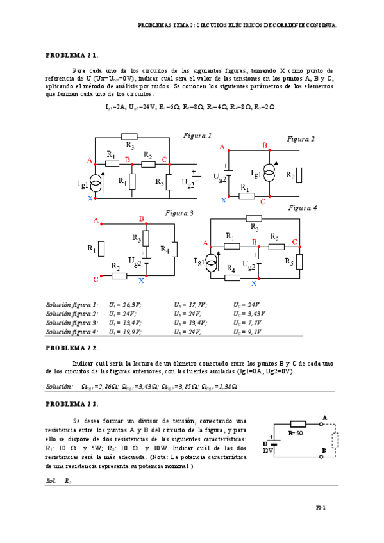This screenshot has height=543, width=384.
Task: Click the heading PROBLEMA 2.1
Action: pos(71,55)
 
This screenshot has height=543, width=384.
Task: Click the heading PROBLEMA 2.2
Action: pos(71,348)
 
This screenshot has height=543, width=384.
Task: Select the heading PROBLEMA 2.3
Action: pos(71,404)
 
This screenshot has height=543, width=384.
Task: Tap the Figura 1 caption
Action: pos(197,136)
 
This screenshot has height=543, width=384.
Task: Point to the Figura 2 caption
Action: pos(301,138)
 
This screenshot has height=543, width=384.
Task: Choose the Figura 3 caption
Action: pos(179,213)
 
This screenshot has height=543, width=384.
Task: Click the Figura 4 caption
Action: pos(303,207)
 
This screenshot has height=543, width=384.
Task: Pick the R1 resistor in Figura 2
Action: pos(244,196)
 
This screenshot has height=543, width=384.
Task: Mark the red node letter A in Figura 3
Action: pos(96,220)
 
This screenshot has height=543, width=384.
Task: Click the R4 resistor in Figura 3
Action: pos(174,248)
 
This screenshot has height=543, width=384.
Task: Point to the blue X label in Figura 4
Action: pos(254,282)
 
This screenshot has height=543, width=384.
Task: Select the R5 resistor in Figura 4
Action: pos(299,261)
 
